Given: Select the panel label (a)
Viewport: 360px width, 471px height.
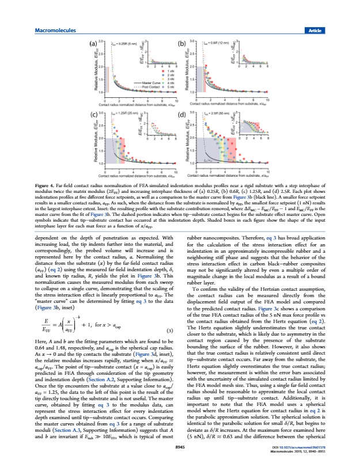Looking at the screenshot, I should point(92,44).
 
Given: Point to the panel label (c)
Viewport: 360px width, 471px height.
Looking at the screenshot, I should point(92,115).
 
